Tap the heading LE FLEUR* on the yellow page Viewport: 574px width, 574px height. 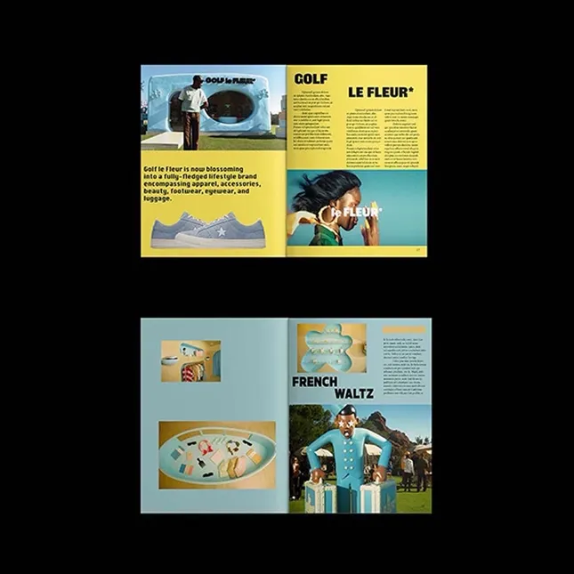377,92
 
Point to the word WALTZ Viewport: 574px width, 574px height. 352,394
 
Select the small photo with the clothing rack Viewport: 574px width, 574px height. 190,360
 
